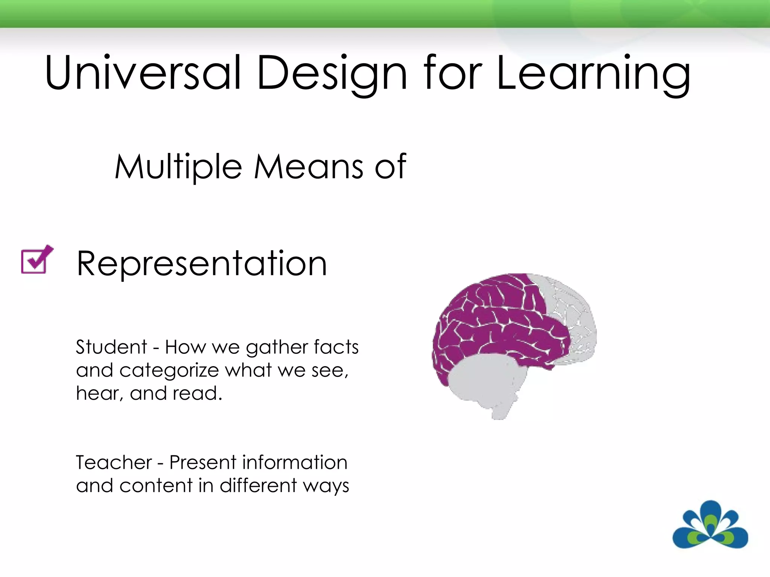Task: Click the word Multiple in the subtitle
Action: [178, 167]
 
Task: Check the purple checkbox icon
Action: [36, 260]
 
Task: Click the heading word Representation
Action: [202, 264]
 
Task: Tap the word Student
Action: [111, 347]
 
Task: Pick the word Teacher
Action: [114, 462]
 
